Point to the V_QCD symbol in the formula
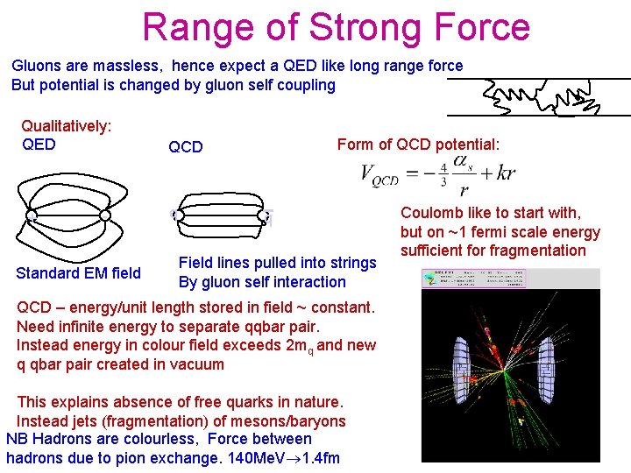[x=379, y=174]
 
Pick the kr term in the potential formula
[x=505, y=173]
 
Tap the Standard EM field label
[x=78, y=273]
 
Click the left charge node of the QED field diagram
[x=32, y=215]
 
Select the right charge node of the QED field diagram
[x=104, y=215]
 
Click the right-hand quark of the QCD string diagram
[x=264, y=216]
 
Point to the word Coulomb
[x=431, y=213]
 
